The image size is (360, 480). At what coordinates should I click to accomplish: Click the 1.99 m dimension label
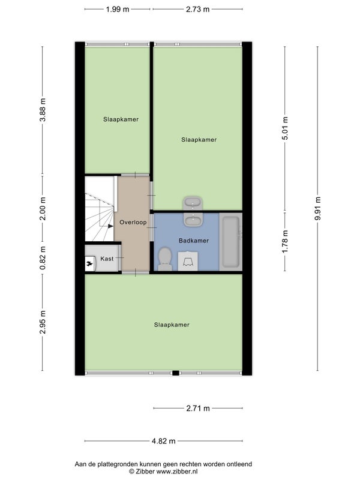(118, 9)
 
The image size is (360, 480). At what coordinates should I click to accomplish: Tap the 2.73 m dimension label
(198, 9)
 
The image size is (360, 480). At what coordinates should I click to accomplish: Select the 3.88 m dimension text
(43, 110)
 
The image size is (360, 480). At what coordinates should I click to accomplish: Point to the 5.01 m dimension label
(285, 128)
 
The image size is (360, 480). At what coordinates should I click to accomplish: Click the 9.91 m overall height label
(318, 208)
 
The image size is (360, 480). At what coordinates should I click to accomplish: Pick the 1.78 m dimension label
(285, 242)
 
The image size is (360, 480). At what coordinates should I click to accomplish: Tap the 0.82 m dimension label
(43, 258)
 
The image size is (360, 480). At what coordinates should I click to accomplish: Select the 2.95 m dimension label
(43, 322)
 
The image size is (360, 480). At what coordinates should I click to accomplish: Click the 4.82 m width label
(164, 441)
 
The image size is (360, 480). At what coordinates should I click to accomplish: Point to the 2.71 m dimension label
(198, 408)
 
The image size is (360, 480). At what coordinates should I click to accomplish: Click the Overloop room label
(133, 222)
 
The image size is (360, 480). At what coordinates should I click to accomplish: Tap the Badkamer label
(194, 241)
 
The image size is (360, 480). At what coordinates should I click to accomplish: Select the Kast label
(107, 259)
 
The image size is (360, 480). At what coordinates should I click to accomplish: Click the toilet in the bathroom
(165, 259)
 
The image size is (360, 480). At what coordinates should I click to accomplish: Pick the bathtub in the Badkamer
(231, 242)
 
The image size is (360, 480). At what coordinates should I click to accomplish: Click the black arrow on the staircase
(110, 226)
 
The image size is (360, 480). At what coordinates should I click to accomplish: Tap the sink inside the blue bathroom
(193, 219)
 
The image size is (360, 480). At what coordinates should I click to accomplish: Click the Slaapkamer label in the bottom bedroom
(172, 325)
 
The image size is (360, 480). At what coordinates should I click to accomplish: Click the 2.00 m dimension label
(43, 208)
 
